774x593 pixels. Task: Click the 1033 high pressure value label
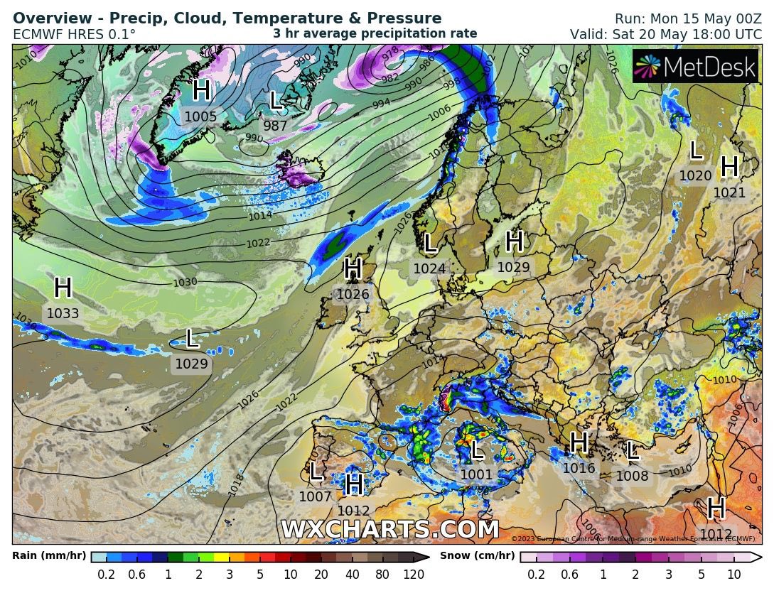(63, 313)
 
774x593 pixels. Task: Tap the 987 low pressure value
(275, 126)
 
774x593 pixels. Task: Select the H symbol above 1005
(201, 91)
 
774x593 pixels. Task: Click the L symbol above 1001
(477, 450)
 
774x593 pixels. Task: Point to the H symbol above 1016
(579, 443)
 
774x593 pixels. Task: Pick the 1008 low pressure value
(632, 477)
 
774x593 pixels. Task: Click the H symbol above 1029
(514, 241)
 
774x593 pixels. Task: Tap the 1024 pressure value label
(429, 268)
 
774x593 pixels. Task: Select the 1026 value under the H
(353, 294)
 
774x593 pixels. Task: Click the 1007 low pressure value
(315, 496)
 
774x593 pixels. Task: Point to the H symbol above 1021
(729, 167)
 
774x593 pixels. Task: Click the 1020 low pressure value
(695, 176)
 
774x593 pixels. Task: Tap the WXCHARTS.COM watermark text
(389, 530)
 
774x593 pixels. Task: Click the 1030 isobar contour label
(186, 283)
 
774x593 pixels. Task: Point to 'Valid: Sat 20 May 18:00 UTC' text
(665, 34)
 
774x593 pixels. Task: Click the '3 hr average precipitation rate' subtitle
(375, 34)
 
